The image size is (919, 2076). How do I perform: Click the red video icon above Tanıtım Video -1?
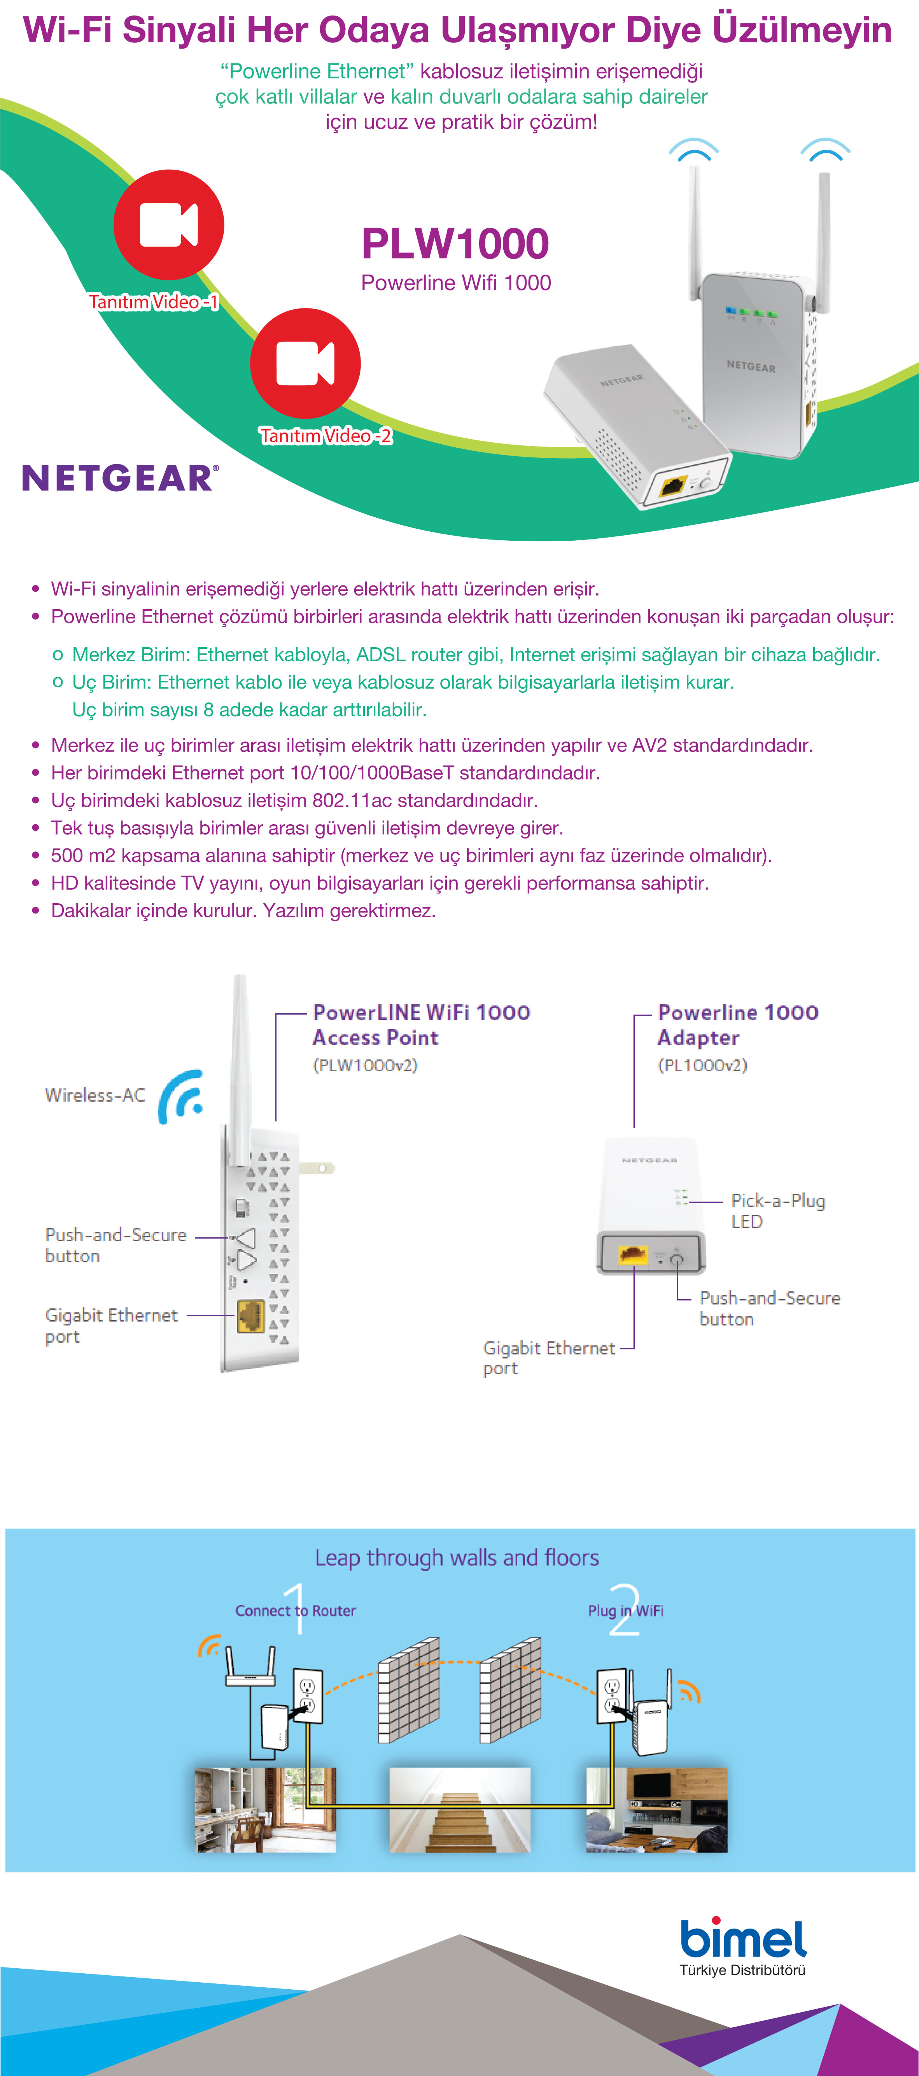click(x=168, y=225)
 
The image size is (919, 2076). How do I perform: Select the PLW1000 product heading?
click(x=455, y=244)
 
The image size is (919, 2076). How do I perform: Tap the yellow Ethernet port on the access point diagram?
click(x=250, y=1316)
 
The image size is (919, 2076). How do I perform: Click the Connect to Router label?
click(x=296, y=1610)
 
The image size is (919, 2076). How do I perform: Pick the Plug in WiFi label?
click(x=626, y=1610)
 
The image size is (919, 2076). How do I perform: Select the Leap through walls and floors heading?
click(x=457, y=1558)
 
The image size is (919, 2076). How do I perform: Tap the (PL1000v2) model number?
click(x=702, y=1065)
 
